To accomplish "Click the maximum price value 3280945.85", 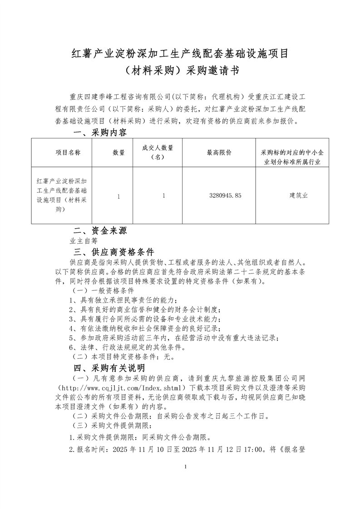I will (225, 196).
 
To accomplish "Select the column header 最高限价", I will (219, 153).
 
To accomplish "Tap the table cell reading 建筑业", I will (299, 196).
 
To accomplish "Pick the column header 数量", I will (118, 153).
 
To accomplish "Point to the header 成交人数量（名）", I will (158, 153).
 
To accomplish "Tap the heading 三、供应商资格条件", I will (114, 252).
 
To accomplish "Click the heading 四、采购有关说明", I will (109, 367).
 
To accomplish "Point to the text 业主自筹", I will (84, 241).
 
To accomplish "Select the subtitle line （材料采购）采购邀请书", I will (180, 72).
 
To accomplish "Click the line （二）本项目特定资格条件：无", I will (123, 357).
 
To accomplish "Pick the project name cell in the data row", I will (61, 196).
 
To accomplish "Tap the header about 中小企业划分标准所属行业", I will (299, 153).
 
